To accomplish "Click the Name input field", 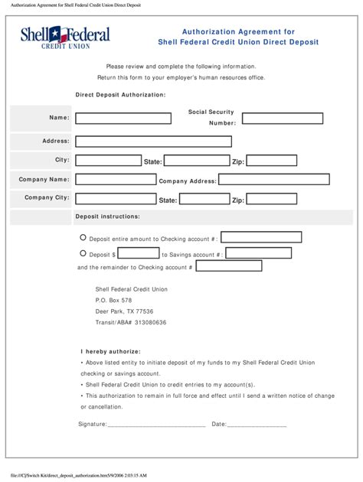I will tap(123, 119).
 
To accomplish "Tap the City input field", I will tap(107, 161).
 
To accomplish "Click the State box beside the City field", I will tap(197, 161).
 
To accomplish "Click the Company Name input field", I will tap(115, 180).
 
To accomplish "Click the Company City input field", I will tap(115, 199).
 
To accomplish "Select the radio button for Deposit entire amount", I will tap(83, 238).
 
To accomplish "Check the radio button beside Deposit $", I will tap(83, 253).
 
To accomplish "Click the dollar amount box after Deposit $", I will tap(139, 253).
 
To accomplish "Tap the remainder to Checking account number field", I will tap(229, 266).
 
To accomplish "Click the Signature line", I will tap(156, 424).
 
